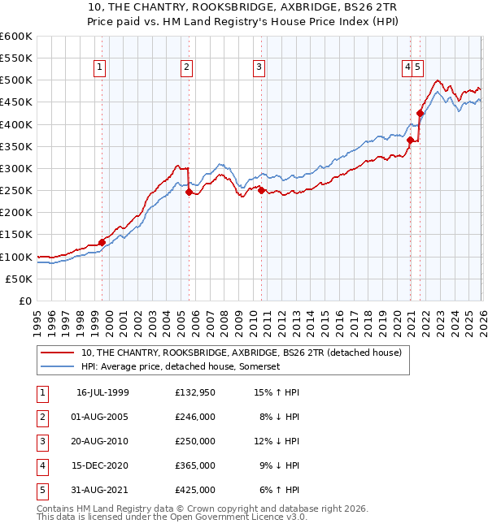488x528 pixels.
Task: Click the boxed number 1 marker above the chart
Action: click(x=99, y=68)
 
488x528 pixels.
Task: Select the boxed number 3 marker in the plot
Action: click(x=259, y=68)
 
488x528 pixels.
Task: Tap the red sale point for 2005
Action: click(x=189, y=193)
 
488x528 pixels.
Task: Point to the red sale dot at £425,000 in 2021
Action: click(x=420, y=114)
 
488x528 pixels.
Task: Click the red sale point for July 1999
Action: click(x=102, y=242)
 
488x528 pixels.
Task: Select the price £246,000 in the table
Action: click(x=194, y=417)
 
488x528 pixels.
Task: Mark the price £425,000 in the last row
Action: click(x=194, y=490)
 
